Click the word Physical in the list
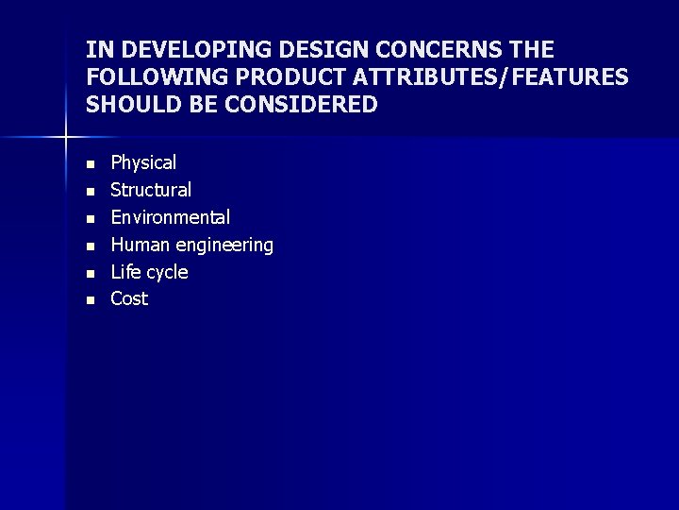[x=143, y=163]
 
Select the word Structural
[x=151, y=191]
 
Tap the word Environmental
[x=171, y=218]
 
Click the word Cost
[x=129, y=299]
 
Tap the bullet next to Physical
[x=91, y=164]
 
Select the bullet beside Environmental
[x=91, y=219]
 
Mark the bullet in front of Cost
[x=91, y=300]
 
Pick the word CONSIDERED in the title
[x=302, y=105]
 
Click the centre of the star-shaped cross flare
[x=66, y=138]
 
